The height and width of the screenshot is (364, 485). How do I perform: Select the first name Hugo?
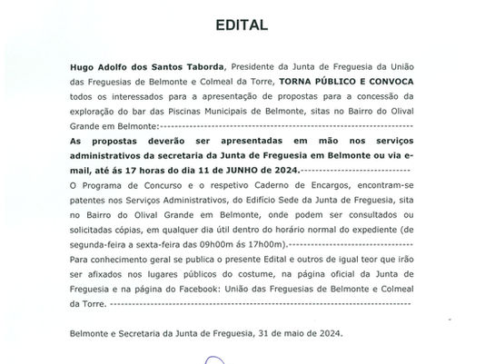(x=84, y=66)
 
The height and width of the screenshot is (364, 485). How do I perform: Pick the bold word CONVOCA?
(x=392, y=80)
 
